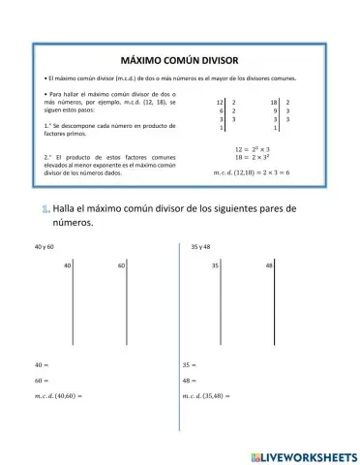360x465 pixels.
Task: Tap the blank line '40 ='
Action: (x=42, y=365)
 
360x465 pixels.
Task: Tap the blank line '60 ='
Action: (x=42, y=381)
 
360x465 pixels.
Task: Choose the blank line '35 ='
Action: (x=189, y=365)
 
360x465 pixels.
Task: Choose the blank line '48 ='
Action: (x=189, y=381)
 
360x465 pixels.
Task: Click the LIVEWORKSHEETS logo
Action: (x=303, y=454)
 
